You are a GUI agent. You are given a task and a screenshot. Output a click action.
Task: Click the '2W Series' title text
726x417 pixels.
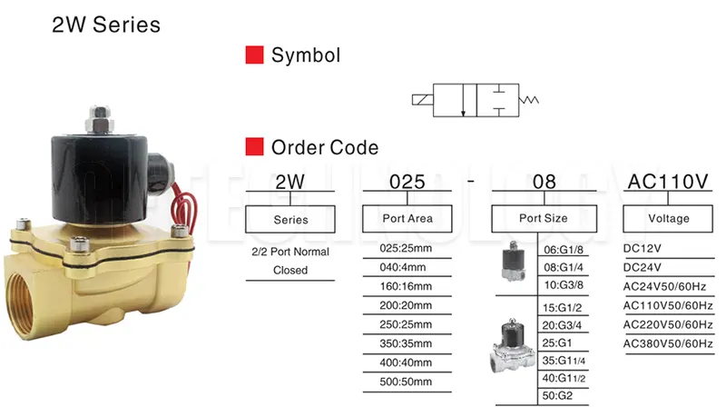point(106,25)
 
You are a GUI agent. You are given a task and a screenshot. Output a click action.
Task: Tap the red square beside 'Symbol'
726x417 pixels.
point(255,55)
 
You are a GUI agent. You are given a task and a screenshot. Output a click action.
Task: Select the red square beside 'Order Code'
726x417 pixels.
point(255,146)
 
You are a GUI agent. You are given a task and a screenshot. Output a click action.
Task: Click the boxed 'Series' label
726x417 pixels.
point(290,219)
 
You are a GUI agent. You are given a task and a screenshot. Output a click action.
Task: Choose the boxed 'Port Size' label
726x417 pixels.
point(543,219)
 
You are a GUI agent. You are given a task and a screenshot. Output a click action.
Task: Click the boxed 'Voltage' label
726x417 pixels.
point(668,219)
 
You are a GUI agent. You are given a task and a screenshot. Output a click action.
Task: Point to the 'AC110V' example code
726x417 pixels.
point(668,183)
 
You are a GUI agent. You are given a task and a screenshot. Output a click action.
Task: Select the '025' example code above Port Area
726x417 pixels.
point(407,183)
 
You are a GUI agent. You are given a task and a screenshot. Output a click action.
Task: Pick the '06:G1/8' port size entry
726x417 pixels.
point(564,251)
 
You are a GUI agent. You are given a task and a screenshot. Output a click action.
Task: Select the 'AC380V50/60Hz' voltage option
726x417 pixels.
point(668,343)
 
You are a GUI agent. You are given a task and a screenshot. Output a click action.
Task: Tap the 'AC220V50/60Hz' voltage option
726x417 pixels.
point(668,324)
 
